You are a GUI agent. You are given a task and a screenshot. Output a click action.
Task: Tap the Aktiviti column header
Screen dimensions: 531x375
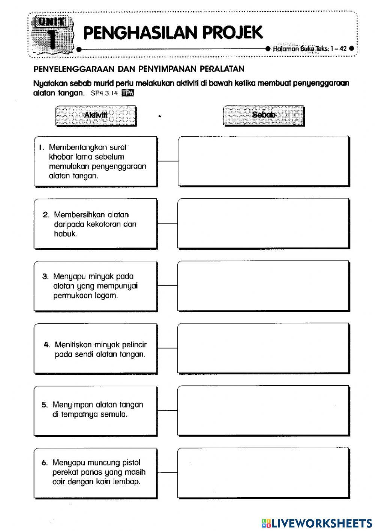point(96,115)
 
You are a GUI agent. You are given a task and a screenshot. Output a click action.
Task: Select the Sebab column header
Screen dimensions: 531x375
point(263,115)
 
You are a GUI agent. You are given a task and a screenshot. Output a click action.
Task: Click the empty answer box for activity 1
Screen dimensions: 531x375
point(264,161)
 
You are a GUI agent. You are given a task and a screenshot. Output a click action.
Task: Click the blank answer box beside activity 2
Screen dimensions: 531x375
point(264,223)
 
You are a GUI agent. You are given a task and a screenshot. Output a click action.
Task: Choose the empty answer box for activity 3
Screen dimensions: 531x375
point(264,286)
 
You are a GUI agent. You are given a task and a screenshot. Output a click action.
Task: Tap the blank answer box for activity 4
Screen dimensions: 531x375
point(264,348)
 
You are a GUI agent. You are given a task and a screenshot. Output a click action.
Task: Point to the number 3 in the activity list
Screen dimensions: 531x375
point(45,277)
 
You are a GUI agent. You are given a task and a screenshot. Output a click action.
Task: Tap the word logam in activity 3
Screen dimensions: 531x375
point(106,296)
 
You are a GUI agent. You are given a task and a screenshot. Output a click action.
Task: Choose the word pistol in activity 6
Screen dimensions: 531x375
point(131,463)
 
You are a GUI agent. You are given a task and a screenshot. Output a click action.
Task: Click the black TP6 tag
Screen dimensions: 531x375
point(128,94)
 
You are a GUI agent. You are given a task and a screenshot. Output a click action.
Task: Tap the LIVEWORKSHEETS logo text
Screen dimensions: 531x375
point(321,523)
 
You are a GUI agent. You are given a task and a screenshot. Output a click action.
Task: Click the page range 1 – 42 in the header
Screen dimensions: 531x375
point(338,48)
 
